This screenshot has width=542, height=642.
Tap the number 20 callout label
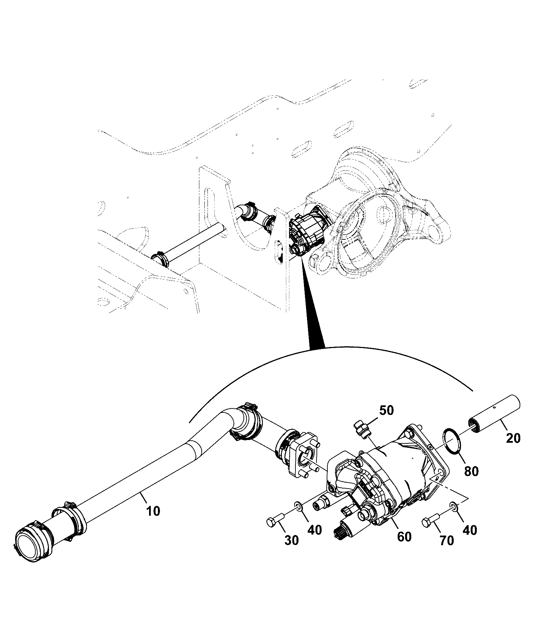pos(513,438)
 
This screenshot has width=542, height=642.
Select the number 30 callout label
pos(291,550)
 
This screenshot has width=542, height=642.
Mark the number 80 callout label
pos(471,471)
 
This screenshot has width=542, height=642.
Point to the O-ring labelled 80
pos(449,441)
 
